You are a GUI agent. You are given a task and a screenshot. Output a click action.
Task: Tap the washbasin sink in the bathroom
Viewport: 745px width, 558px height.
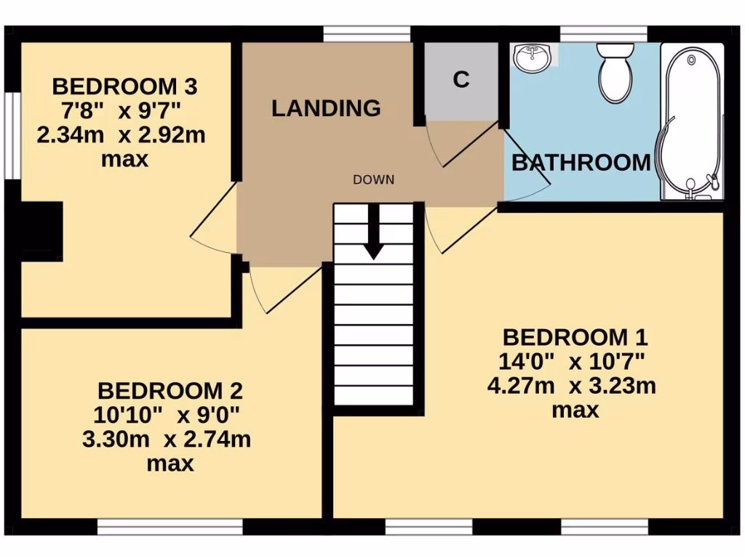coord(533,57)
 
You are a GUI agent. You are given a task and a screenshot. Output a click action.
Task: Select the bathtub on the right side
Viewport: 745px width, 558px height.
coord(691,120)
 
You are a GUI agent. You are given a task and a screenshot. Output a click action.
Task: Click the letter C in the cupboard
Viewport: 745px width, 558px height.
coord(461,81)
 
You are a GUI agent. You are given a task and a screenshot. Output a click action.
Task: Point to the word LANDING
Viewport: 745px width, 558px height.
coord(326,109)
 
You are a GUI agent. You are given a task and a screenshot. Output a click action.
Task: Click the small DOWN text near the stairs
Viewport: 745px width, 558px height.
coord(374,179)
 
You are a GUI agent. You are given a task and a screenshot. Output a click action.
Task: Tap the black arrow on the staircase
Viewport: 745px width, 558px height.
coord(375,232)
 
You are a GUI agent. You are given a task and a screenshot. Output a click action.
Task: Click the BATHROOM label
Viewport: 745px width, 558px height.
coord(581,163)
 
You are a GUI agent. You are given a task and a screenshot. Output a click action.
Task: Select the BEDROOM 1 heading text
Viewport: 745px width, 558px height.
coord(575,338)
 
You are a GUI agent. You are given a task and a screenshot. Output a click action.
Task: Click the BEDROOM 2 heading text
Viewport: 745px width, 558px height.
coord(170,391)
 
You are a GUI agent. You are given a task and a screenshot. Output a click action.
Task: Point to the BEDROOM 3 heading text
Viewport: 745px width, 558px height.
coord(124,87)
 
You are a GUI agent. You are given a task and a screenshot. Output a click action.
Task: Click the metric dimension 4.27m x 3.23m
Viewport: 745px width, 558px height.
coord(571,385)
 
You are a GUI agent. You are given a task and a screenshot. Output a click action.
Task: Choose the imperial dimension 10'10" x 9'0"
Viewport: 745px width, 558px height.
coord(170,415)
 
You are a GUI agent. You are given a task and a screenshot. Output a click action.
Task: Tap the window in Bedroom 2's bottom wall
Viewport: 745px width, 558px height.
coord(170,527)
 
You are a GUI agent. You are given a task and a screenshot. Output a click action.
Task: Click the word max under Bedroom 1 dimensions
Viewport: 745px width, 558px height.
coord(575,410)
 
